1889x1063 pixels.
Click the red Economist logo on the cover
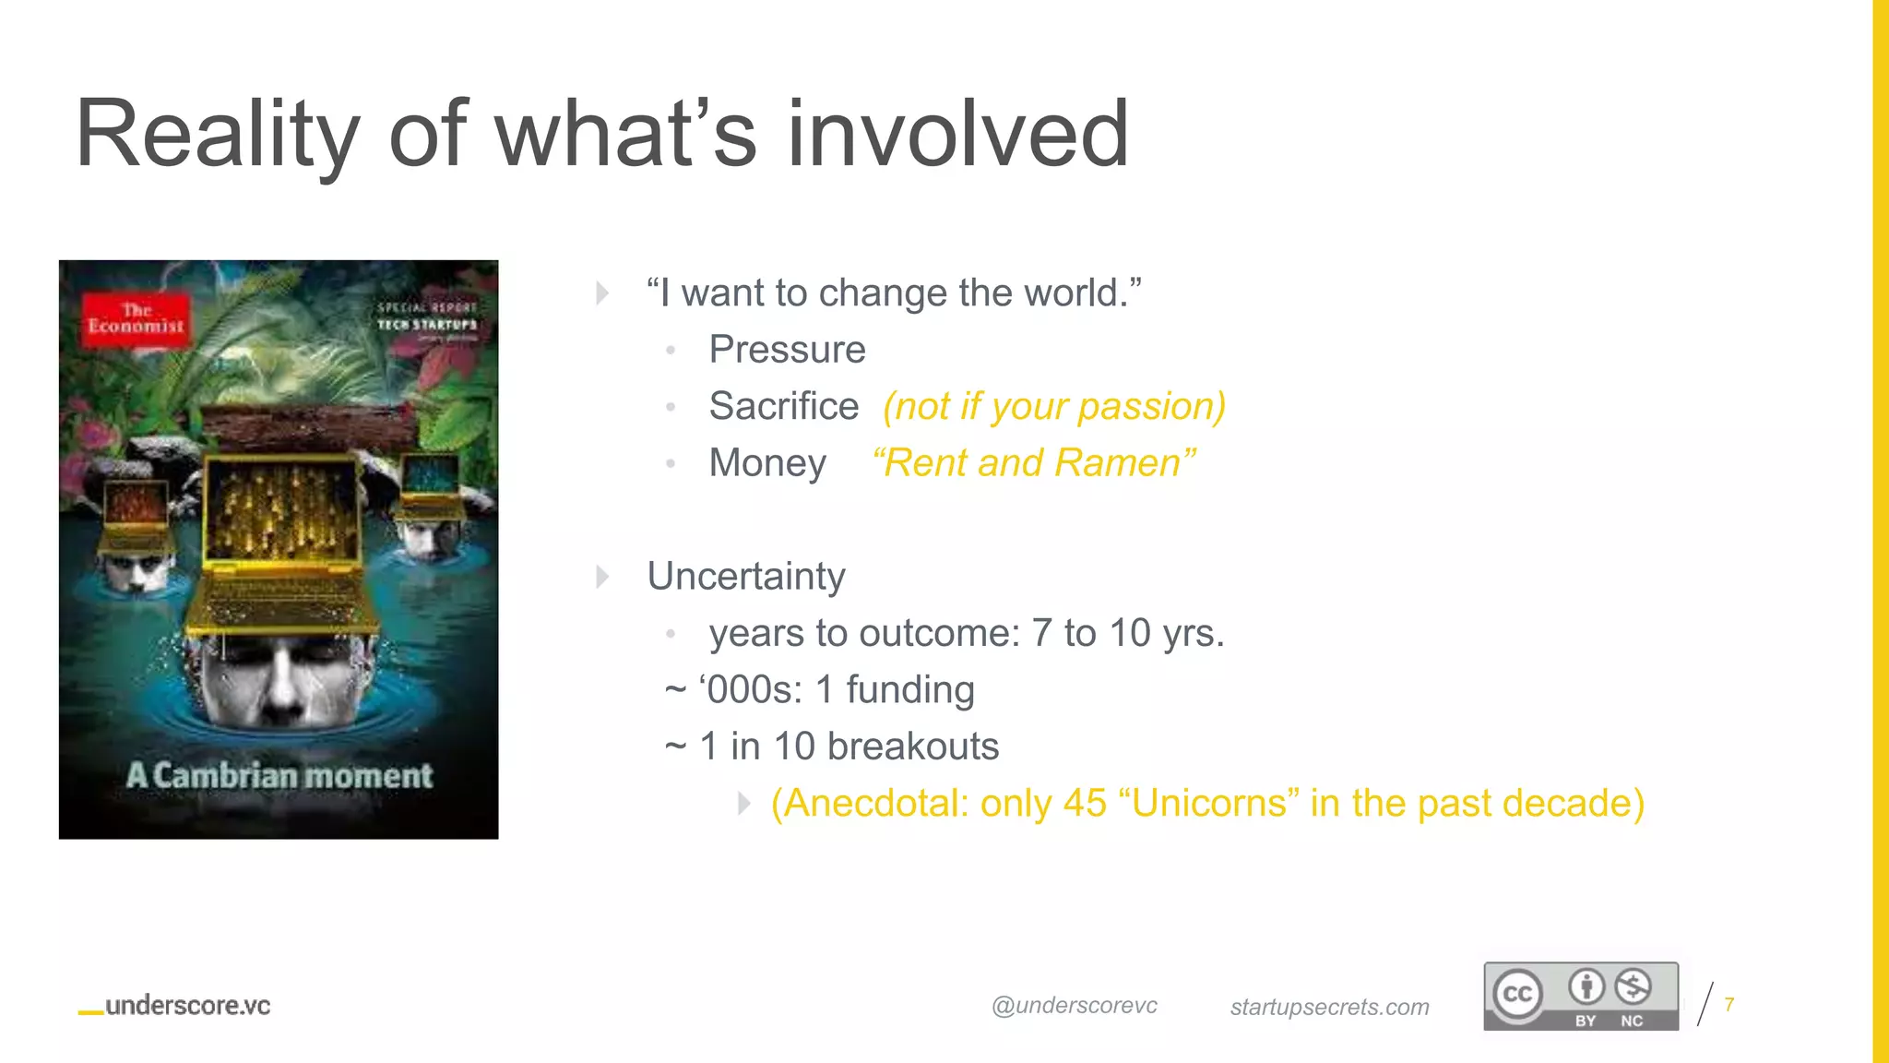click(x=137, y=319)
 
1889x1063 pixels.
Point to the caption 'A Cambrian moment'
click(x=279, y=776)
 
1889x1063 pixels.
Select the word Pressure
click(x=787, y=350)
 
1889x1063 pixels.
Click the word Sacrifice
click(x=783, y=406)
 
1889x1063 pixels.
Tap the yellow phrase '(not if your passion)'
click(x=1053, y=406)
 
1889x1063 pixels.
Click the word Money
click(x=766, y=463)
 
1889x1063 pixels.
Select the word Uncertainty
click(x=746, y=577)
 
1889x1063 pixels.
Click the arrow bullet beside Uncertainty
click(x=602, y=577)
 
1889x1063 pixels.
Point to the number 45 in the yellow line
click(x=1084, y=804)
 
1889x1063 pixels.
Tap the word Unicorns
click(x=1209, y=804)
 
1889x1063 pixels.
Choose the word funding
click(x=909, y=690)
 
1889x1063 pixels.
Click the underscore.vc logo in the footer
click(x=175, y=1006)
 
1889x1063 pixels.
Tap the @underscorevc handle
click(x=1074, y=1006)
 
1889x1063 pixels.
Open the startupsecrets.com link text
click(x=1329, y=1007)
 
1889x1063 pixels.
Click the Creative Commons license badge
click(x=1580, y=997)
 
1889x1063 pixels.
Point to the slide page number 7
click(x=1729, y=1004)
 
